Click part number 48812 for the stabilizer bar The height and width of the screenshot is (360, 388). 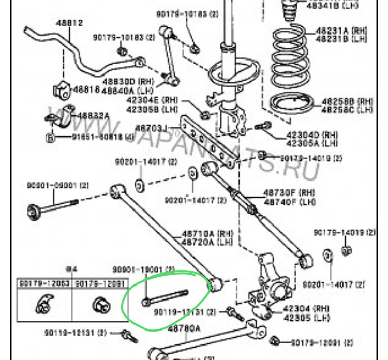point(70,23)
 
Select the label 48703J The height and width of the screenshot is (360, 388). point(151,127)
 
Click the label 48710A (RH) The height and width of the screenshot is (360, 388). point(203,233)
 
